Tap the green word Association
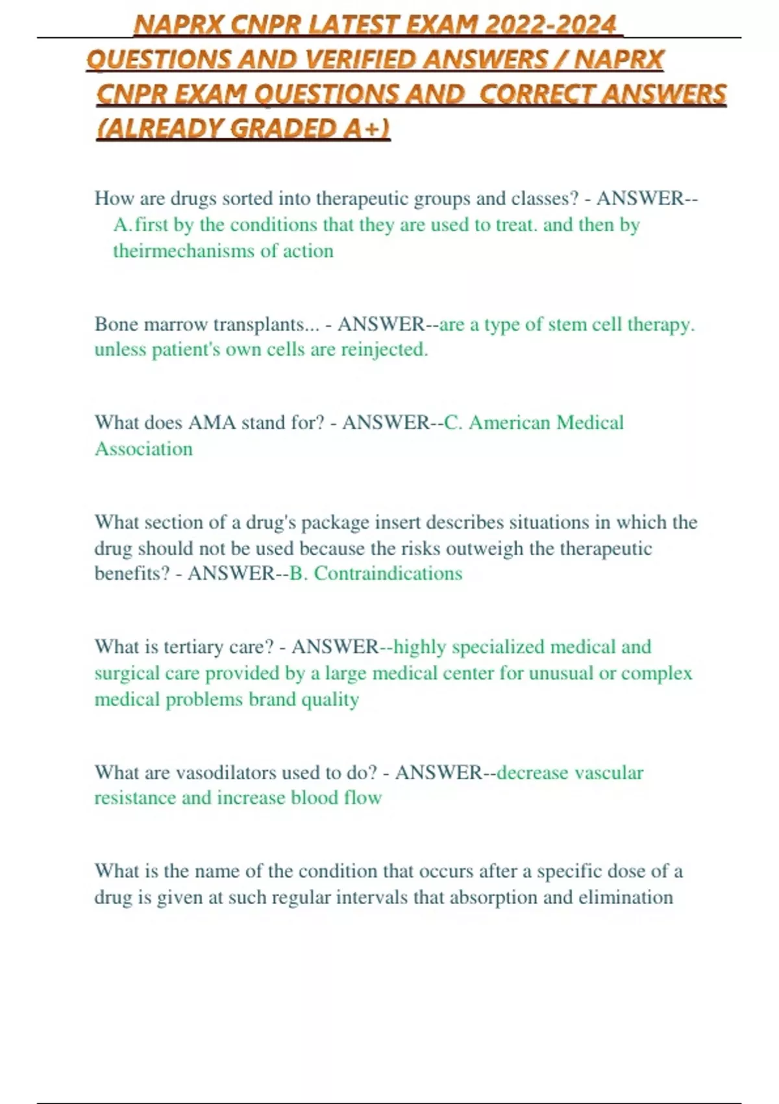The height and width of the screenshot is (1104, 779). point(143,449)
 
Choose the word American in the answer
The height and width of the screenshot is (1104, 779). point(510,423)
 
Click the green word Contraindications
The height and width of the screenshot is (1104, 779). point(388,573)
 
